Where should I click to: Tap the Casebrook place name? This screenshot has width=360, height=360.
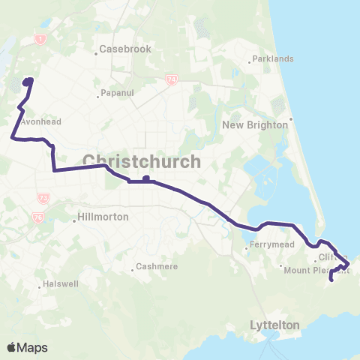[x=125, y=49]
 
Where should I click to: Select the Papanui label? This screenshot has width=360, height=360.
[x=118, y=94]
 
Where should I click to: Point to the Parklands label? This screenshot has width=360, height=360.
[x=272, y=58]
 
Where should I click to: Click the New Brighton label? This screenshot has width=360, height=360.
[x=255, y=125]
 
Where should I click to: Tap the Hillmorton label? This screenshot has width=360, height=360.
[x=103, y=217]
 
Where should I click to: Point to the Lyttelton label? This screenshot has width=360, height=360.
[x=274, y=325]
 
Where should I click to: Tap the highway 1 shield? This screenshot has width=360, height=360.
[x=39, y=38]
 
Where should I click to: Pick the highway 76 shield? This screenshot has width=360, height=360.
[x=38, y=217]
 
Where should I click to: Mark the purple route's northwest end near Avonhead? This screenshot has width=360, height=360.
[x=29, y=79]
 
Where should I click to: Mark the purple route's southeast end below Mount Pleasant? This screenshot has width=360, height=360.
[x=331, y=280]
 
